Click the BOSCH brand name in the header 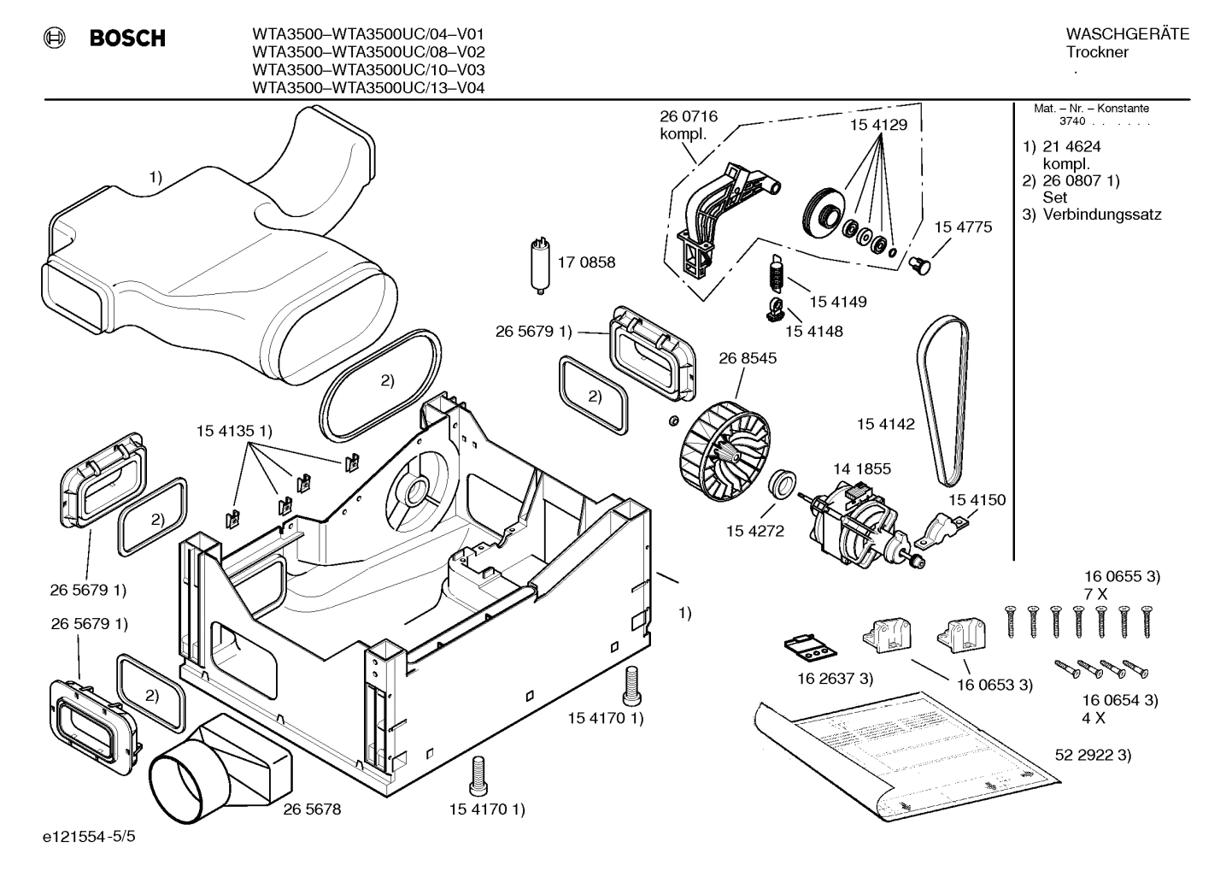coord(127,38)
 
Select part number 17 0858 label coord(586,262)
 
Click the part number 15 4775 coord(963,227)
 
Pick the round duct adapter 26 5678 coord(214,769)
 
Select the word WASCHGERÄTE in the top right coord(1127,34)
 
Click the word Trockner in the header coord(1097,52)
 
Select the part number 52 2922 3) coord(1093,755)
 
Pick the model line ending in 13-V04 coord(368,87)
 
